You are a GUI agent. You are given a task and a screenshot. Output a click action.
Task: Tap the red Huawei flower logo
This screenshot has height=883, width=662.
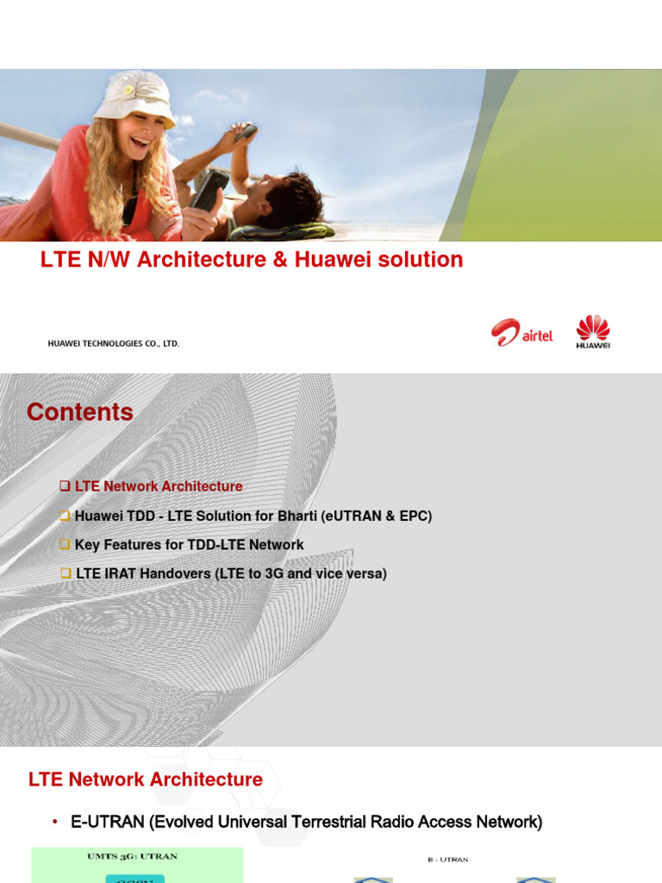592,329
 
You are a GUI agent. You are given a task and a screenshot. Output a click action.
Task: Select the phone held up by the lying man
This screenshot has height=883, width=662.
246,132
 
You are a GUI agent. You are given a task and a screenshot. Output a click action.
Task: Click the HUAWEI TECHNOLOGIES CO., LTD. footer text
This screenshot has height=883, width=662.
113,343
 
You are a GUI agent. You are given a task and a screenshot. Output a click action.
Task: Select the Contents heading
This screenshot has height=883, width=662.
80,412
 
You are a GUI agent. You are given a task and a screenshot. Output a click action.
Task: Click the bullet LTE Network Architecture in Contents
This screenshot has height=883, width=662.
159,486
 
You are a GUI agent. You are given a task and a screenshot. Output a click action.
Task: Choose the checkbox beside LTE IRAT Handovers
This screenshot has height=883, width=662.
66,573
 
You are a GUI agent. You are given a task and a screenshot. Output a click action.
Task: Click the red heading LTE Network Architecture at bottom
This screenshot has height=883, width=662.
146,780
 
